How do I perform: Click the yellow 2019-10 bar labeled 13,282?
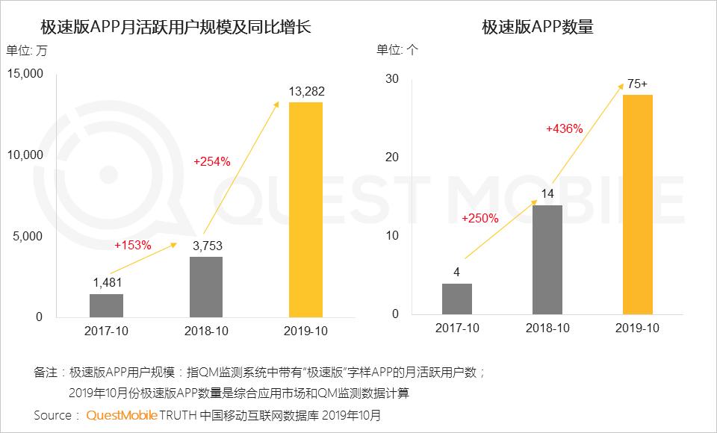click(x=306, y=209)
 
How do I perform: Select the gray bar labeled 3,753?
click(x=206, y=287)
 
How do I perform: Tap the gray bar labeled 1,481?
click(x=106, y=305)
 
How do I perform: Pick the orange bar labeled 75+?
click(x=637, y=204)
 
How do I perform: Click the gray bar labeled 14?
click(x=547, y=259)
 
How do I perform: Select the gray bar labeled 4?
click(x=456, y=299)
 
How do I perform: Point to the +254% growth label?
click(x=212, y=161)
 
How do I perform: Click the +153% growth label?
click(x=133, y=244)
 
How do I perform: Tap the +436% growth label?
click(x=565, y=128)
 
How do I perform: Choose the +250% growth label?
click(x=480, y=219)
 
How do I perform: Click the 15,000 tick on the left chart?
click(x=25, y=74)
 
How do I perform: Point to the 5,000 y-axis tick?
click(x=28, y=236)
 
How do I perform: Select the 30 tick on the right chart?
click(x=393, y=79)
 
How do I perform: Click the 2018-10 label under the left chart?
click(x=206, y=330)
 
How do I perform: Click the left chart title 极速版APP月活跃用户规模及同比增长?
click(x=176, y=28)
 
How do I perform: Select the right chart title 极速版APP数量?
click(x=538, y=28)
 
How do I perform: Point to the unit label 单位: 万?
click(x=26, y=51)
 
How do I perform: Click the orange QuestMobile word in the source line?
click(x=121, y=414)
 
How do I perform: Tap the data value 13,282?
click(x=306, y=92)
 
